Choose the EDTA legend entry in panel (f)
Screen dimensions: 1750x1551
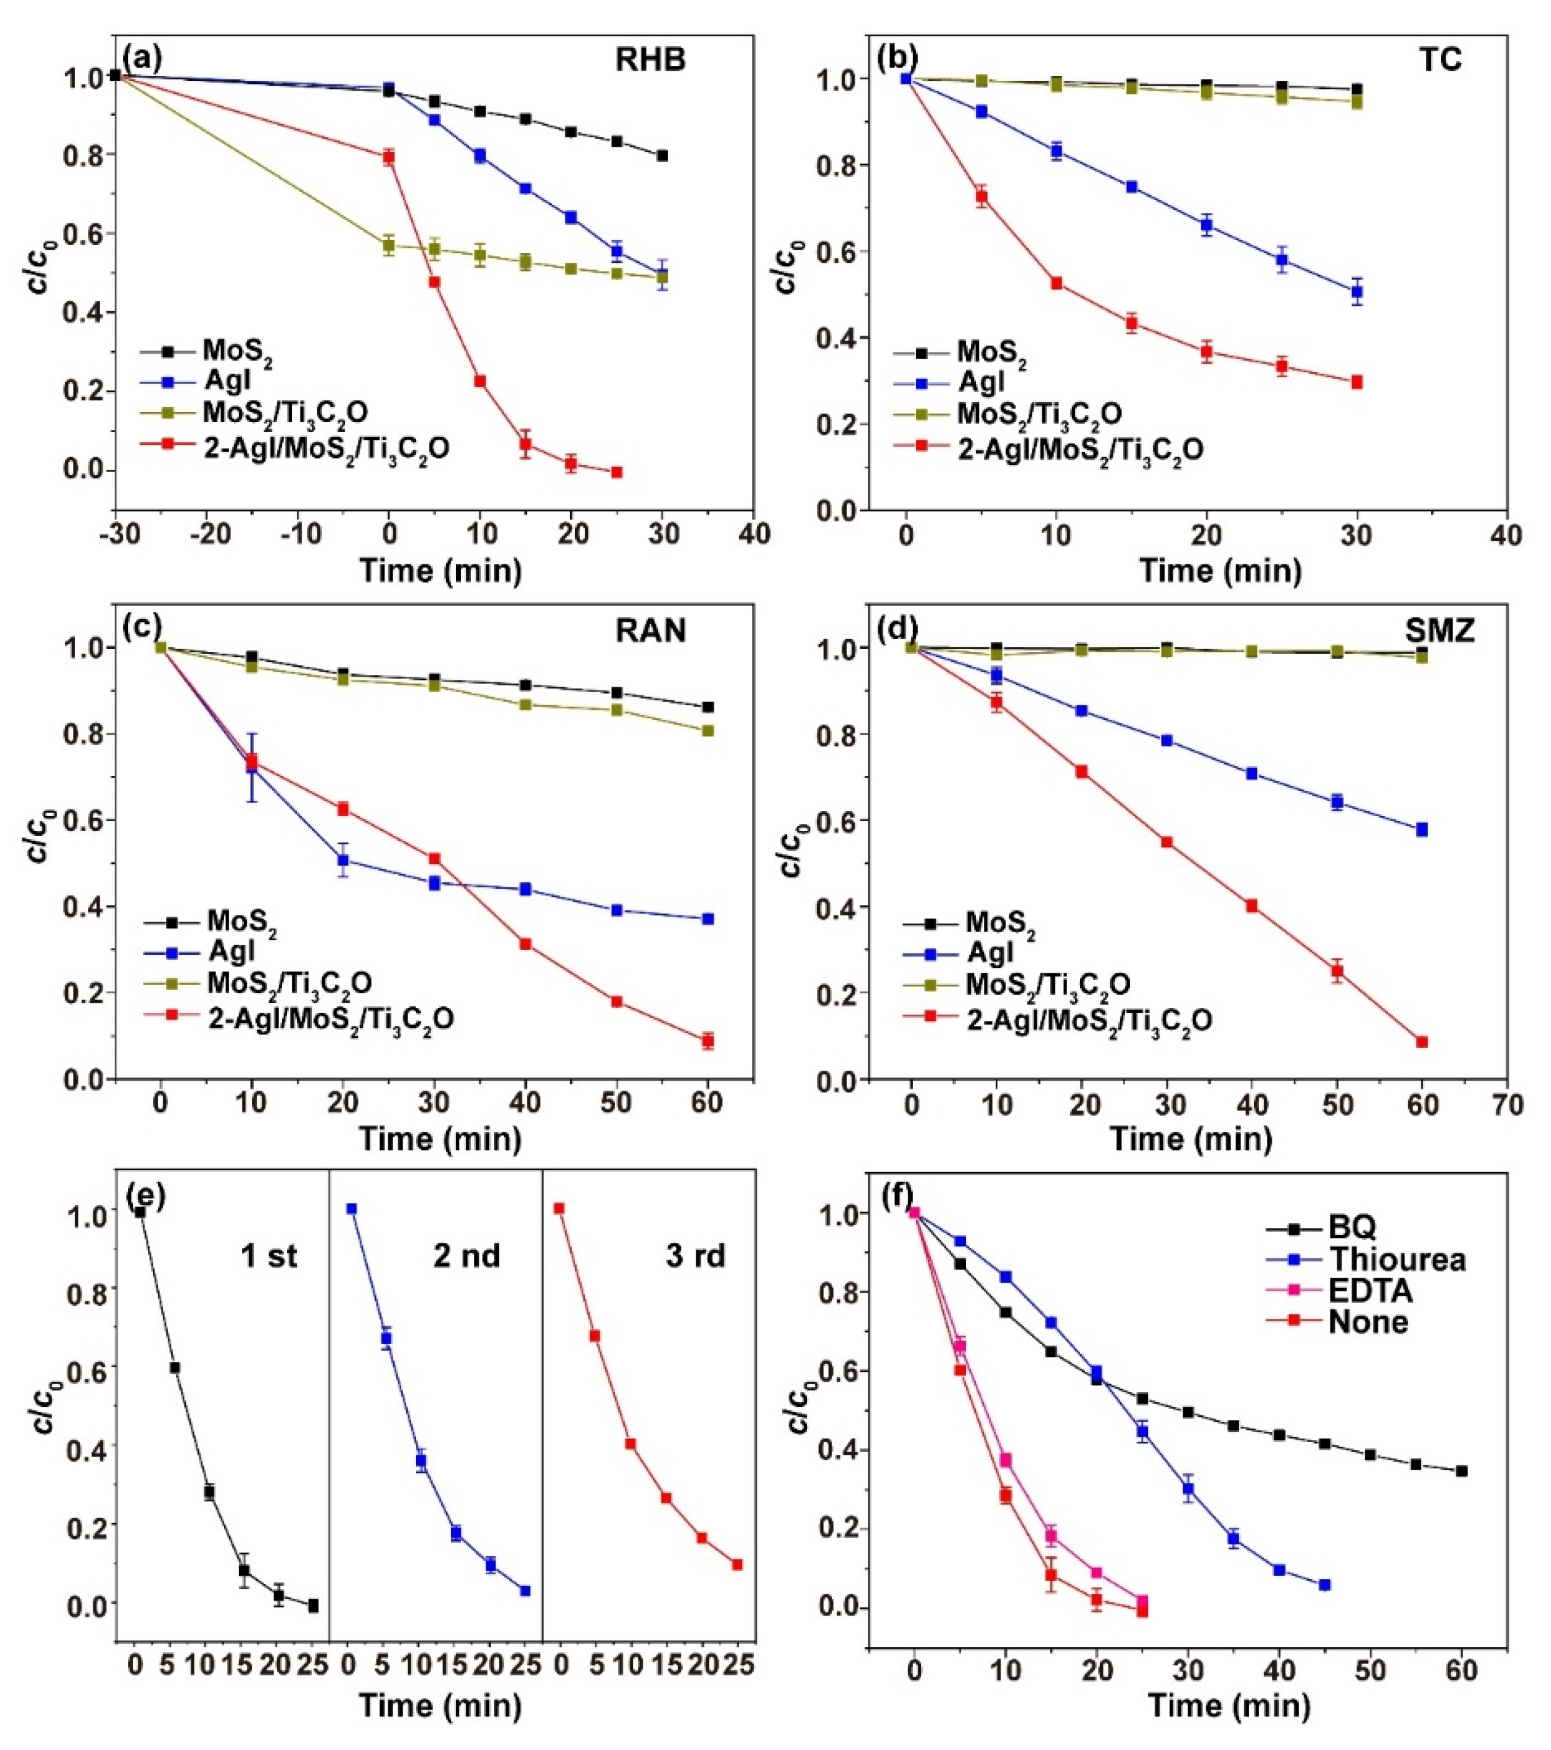click(x=1370, y=1291)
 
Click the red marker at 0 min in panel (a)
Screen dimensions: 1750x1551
click(x=389, y=157)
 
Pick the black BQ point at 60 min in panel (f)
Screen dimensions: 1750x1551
click(x=1462, y=1471)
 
